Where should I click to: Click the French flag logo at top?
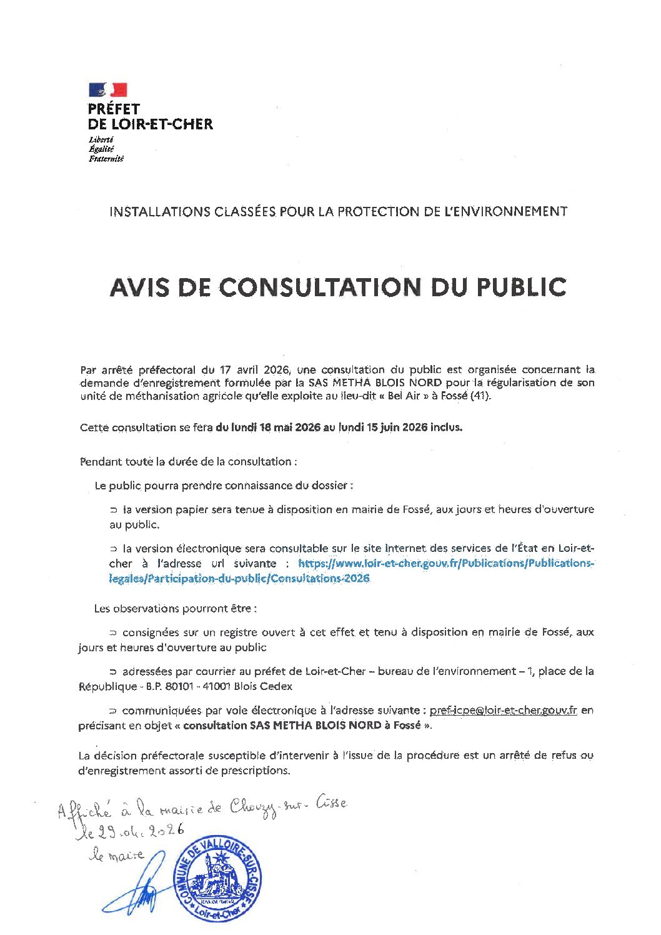pos(108,89)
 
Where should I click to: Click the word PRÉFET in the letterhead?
pos(114,110)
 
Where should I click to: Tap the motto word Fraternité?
pos(106,159)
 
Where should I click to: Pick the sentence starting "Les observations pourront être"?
pos(175,608)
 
